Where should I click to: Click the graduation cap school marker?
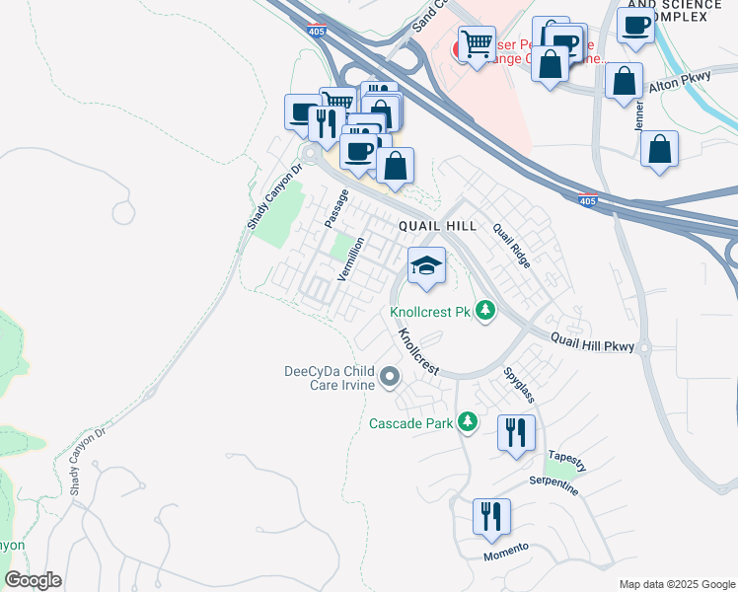[x=426, y=266]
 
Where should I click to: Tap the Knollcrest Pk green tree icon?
[x=484, y=312]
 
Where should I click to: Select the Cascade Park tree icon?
[x=468, y=423]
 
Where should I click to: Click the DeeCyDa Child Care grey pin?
[x=390, y=377]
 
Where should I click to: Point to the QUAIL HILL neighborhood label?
[x=437, y=226]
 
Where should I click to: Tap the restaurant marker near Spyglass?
[x=516, y=433]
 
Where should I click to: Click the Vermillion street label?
[x=351, y=259]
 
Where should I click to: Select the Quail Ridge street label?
[x=512, y=247]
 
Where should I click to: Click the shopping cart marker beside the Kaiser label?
[x=478, y=43]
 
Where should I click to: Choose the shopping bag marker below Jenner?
[x=659, y=149]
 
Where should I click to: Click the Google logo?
[x=33, y=580]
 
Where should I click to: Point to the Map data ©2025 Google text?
[x=676, y=584]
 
